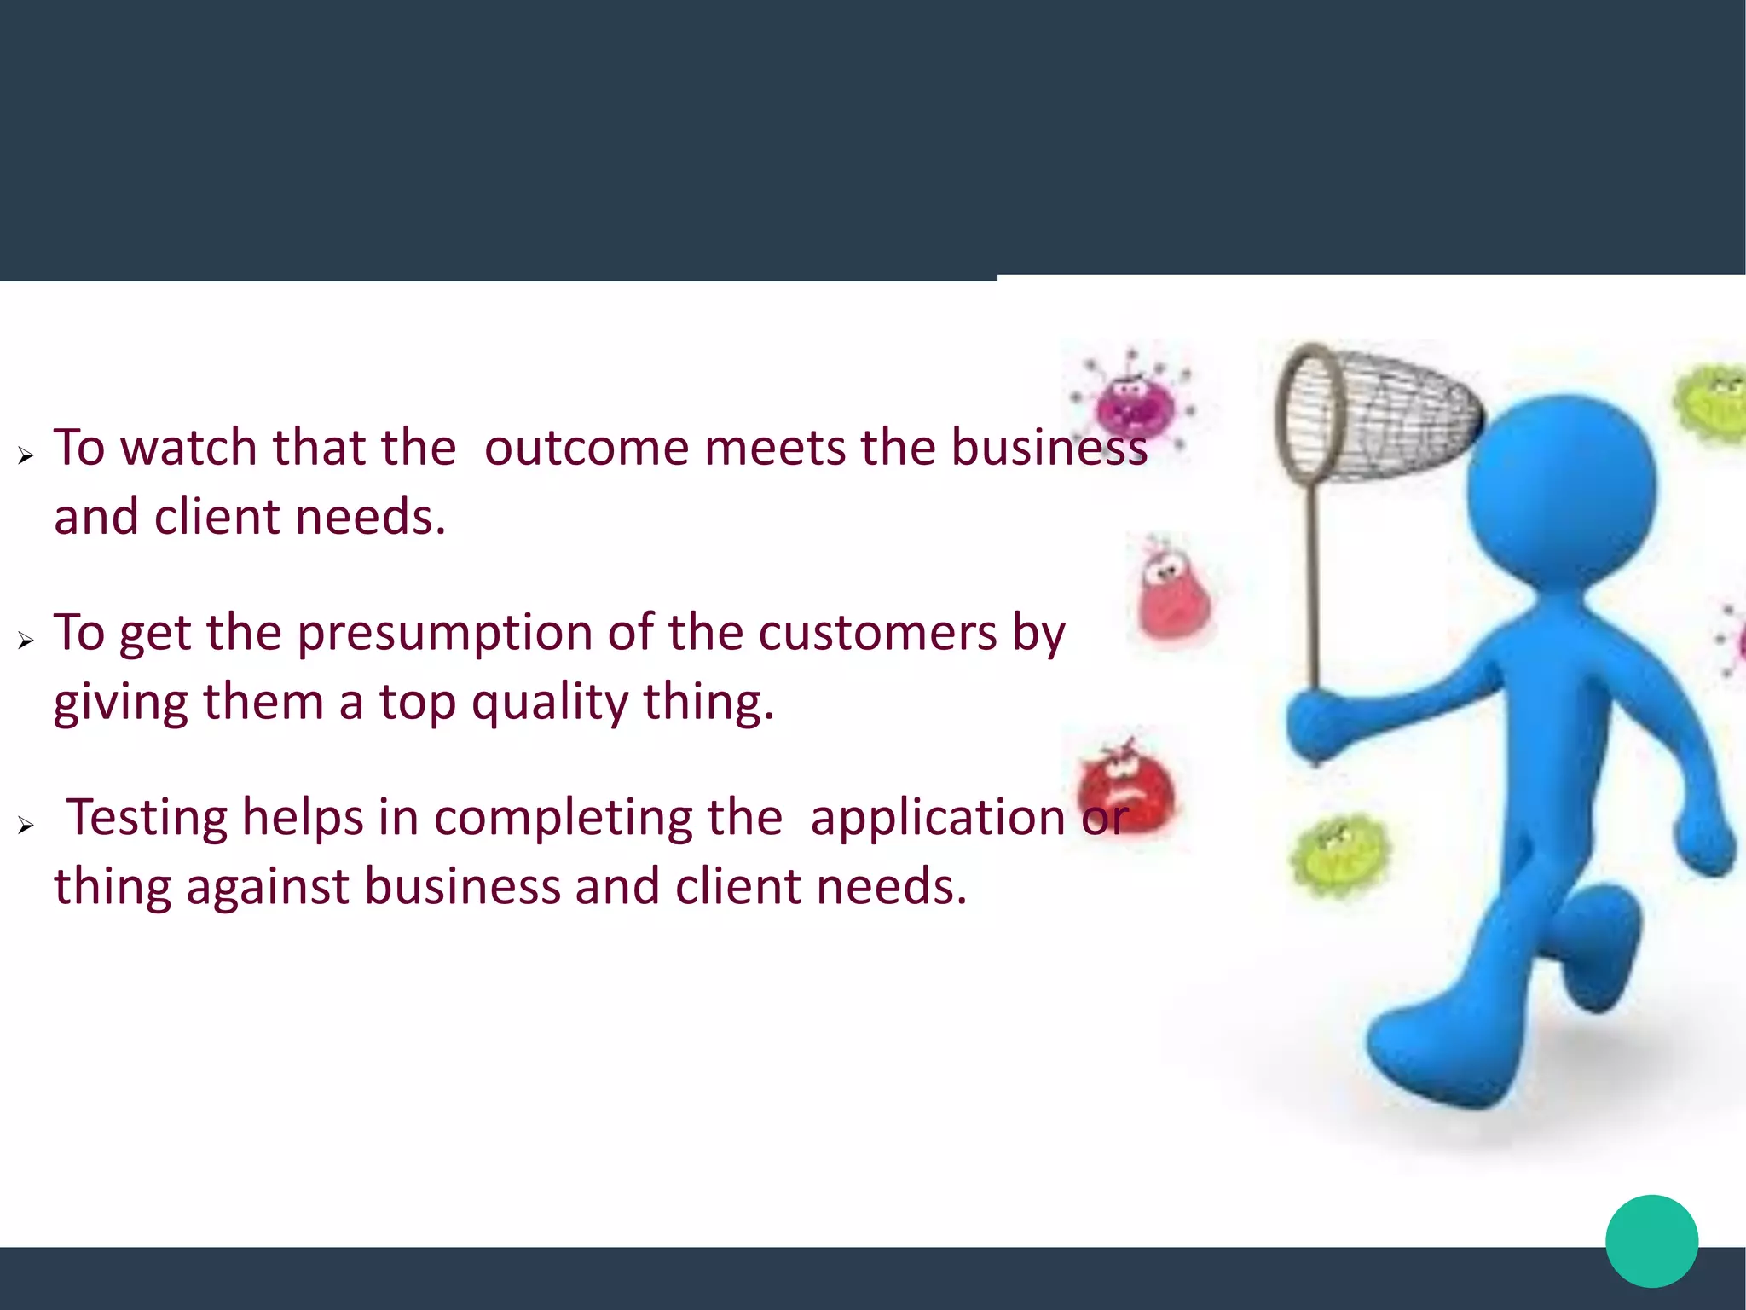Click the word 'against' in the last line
[x=268, y=886]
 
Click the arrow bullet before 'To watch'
[x=26, y=456]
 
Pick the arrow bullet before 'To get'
[x=26, y=641]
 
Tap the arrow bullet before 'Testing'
[x=26, y=826]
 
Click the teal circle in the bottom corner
[x=1651, y=1241]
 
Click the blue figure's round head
[x=1562, y=490]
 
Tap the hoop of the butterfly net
[x=1310, y=414]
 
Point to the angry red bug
[x=1125, y=785]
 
